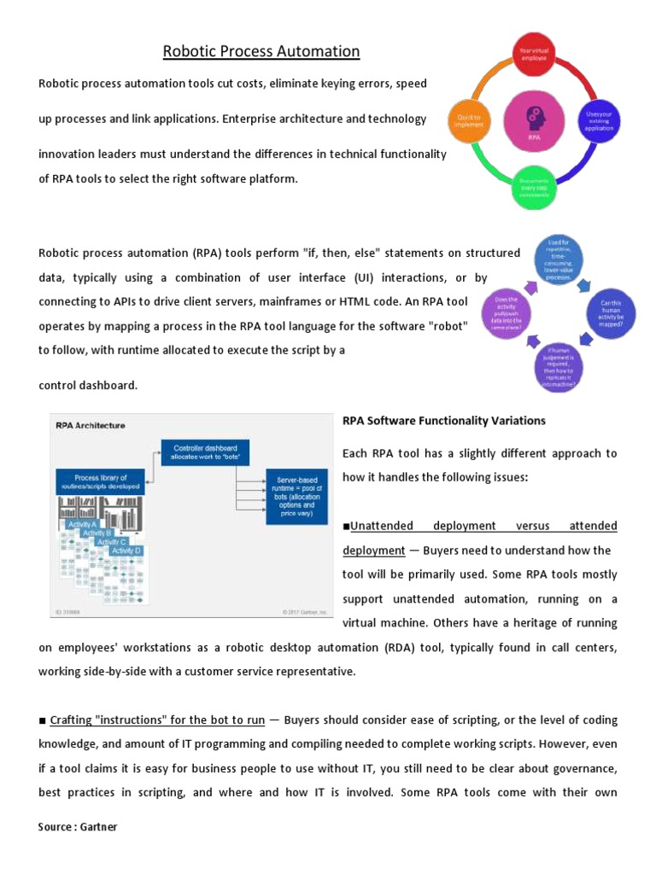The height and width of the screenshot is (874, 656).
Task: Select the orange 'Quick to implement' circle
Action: tap(470, 122)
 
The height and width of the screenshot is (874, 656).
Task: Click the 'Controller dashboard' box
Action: tap(205, 453)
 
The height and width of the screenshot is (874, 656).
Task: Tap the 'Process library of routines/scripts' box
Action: tap(100, 482)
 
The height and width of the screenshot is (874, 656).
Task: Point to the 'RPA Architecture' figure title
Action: tap(90, 425)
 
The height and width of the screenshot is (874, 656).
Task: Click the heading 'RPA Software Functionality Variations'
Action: tap(443, 421)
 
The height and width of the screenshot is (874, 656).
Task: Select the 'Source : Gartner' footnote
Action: tap(78, 827)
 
